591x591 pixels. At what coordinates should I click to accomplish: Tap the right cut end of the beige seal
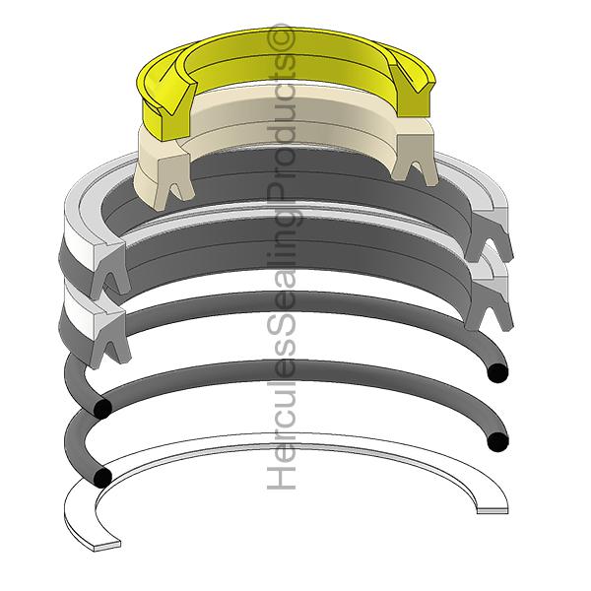(x=415, y=159)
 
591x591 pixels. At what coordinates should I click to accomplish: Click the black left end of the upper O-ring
(x=102, y=409)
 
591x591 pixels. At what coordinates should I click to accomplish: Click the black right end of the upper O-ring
(x=497, y=373)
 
